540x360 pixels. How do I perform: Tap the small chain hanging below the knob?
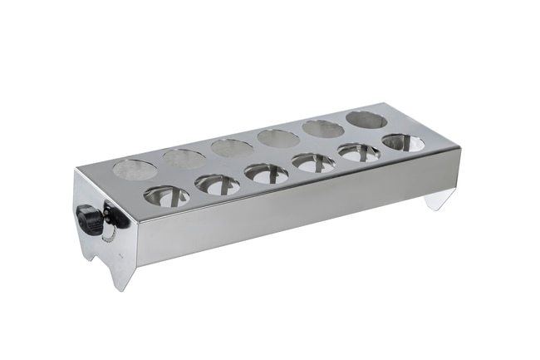[x=106, y=238]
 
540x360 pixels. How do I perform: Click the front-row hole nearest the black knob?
[x=166, y=196]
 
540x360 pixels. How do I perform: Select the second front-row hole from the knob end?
[x=218, y=185]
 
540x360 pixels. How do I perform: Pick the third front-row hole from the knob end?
[x=267, y=173]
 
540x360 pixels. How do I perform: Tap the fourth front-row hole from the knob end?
[x=313, y=162]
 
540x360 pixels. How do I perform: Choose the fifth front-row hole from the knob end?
[x=359, y=152]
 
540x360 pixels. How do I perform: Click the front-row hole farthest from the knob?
[x=403, y=142]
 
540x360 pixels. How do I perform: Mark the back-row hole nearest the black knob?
[x=134, y=170]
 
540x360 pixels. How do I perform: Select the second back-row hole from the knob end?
[x=184, y=158]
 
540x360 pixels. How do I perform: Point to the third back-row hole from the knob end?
[x=232, y=147]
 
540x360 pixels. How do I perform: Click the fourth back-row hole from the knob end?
[x=278, y=137]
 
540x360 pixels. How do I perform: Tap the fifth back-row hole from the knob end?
[x=323, y=128]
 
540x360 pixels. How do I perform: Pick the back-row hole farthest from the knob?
[x=366, y=119]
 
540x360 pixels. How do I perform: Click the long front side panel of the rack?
[x=291, y=208]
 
